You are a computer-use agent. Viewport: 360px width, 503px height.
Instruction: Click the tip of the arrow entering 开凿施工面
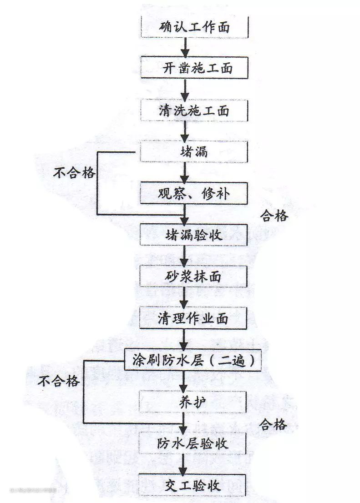click(x=185, y=57)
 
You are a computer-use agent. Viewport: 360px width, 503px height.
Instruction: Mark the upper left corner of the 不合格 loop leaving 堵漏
click(x=98, y=152)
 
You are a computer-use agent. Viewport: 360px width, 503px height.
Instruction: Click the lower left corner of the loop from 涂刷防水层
click(x=84, y=423)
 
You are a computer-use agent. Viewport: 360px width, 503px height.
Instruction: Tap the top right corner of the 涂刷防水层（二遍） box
click(x=260, y=350)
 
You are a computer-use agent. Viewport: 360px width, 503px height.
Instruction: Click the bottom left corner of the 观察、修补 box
click(x=140, y=204)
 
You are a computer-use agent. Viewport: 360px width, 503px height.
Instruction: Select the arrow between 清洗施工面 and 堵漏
click(x=185, y=131)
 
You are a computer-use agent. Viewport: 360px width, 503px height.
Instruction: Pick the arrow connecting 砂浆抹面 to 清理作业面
click(x=184, y=297)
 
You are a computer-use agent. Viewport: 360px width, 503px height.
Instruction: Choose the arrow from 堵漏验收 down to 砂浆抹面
click(x=184, y=256)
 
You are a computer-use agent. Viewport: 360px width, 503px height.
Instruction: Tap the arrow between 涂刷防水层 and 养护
click(x=183, y=381)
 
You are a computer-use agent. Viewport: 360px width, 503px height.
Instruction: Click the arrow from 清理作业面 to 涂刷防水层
click(x=184, y=339)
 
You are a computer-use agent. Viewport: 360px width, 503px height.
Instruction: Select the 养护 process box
click(x=193, y=402)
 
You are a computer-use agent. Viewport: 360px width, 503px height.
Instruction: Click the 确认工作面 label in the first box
click(x=195, y=27)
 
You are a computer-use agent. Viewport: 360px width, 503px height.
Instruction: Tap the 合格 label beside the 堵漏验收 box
click(x=274, y=216)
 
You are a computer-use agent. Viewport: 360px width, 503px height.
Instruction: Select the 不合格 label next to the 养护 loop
click(x=58, y=381)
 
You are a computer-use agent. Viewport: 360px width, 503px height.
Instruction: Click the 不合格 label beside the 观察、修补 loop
click(x=75, y=173)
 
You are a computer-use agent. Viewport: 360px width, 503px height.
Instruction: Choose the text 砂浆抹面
click(x=193, y=277)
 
